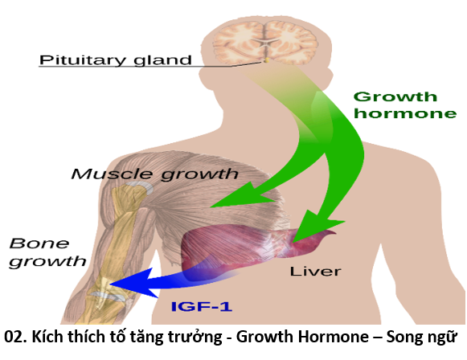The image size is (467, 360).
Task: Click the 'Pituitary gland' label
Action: click(x=115, y=60)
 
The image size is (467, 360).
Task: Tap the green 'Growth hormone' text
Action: click(x=405, y=105)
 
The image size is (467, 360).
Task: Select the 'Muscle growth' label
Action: click(x=154, y=174)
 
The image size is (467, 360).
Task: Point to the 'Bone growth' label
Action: click(x=47, y=253)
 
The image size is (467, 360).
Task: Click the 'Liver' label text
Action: click(x=315, y=272)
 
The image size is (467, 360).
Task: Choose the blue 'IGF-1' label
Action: click(x=202, y=306)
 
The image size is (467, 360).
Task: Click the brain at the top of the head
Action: click(x=265, y=42)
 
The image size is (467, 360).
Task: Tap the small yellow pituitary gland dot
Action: click(x=267, y=60)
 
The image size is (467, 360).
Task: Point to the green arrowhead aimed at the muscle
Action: click(x=241, y=197)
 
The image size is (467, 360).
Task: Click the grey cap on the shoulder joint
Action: click(x=140, y=187)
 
